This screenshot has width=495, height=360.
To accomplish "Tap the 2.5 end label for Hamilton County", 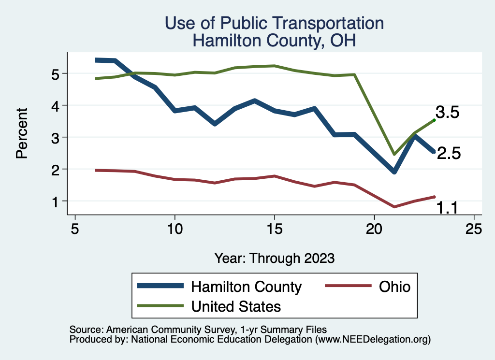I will click(x=449, y=154).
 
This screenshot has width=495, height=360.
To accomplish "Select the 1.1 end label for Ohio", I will click(x=448, y=208).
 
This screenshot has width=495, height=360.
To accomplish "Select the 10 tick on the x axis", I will click(x=175, y=229).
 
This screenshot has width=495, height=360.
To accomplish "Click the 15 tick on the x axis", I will click(x=275, y=229).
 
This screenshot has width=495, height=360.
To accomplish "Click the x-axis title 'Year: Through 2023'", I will click(x=274, y=258).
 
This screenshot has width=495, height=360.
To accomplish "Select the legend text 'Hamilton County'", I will click(x=247, y=287).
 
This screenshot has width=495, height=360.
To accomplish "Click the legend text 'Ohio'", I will click(x=394, y=287).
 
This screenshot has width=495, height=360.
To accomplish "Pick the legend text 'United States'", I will click(x=236, y=306).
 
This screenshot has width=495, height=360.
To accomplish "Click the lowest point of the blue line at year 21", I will click(x=394, y=172).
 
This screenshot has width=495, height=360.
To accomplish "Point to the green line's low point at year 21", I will click(x=394, y=154).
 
